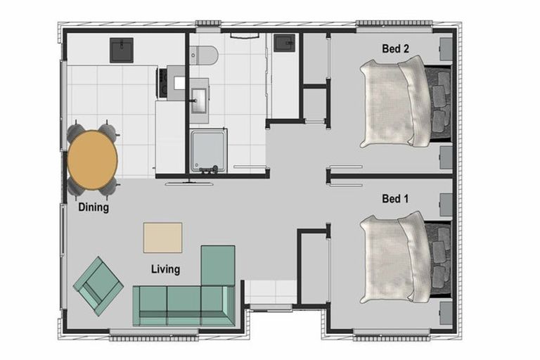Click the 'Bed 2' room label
coord(395,49)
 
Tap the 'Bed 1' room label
coord(395,199)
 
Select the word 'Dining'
coord(94,207)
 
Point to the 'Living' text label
coord(165,269)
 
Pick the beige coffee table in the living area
coord(162,237)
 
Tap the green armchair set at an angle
coord(98,285)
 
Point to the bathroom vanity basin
coord(199,96)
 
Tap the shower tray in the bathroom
coord(209,150)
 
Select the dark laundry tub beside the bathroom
coord(284,43)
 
